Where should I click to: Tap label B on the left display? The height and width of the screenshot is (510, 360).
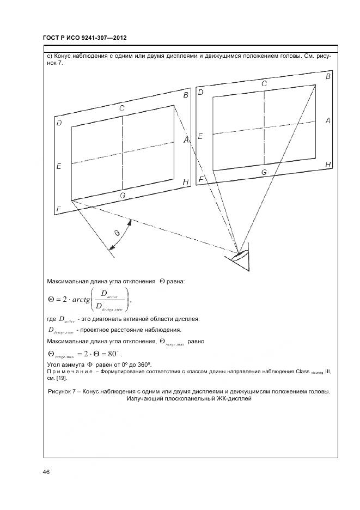[186, 96]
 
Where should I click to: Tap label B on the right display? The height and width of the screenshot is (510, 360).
[328, 77]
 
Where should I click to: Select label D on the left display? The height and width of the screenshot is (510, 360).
[58, 123]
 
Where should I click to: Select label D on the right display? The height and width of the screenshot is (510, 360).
[200, 92]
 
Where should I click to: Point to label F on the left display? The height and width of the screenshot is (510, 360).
[58, 209]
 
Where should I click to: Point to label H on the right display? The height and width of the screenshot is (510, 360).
[328, 164]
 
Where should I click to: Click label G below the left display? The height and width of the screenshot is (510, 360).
[123, 195]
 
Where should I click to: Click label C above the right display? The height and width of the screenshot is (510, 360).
[264, 84]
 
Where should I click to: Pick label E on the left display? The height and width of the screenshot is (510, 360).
[58, 166]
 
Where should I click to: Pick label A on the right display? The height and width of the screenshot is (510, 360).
[328, 121]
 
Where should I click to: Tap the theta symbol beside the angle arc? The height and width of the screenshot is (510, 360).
[117, 233]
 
